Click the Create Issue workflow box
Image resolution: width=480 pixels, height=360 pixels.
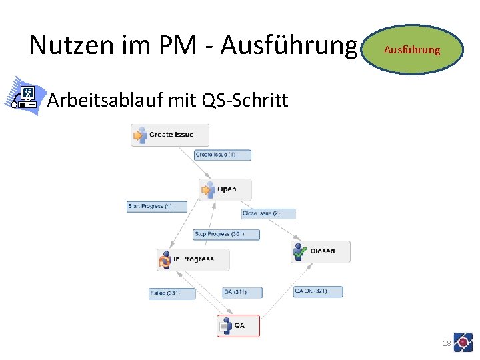pyautogui.click(x=170, y=135)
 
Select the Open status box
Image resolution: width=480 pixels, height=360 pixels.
pyautogui.click(x=225, y=189)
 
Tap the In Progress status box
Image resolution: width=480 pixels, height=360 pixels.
pyautogui.click(x=193, y=259)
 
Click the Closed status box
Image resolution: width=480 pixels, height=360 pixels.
pyautogui.click(x=321, y=251)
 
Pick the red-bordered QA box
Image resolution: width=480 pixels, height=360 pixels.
pyautogui.click(x=239, y=325)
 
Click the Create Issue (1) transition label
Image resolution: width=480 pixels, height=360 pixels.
pyautogui.click(x=223, y=155)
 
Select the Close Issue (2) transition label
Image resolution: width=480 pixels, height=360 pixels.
pyautogui.click(x=268, y=214)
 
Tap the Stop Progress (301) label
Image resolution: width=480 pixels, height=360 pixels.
pyautogui.click(x=226, y=235)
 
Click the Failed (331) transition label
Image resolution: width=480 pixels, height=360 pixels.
pyautogui.click(x=172, y=293)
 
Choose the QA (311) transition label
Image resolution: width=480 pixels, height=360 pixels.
pyautogui.click(x=242, y=292)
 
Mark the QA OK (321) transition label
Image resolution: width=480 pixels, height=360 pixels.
pyautogui.click(x=318, y=291)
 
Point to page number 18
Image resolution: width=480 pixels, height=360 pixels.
pyautogui.click(x=447, y=343)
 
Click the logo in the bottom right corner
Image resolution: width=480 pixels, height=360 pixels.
pyautogui.click(x=463, y=342)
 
